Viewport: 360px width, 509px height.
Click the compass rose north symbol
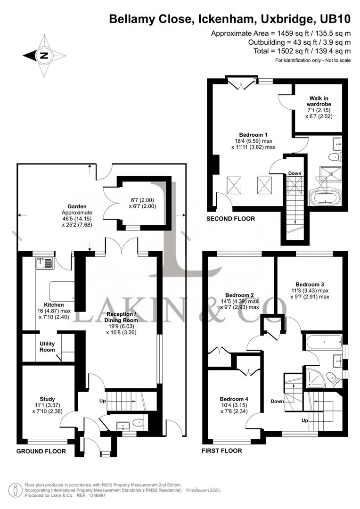[x=44, y=55]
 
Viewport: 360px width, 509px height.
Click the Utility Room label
[x=47, y=347]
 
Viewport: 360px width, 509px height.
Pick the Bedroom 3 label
[x=310, y=284]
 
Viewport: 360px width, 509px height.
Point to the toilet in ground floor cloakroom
[x=137, y=423]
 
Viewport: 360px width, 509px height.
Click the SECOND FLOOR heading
[x=231, y=219]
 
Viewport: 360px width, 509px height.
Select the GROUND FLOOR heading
[x=41, y=451]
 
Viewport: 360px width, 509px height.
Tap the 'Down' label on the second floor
[x=295, y=173]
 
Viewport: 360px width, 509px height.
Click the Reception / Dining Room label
[x=122, y=317]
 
